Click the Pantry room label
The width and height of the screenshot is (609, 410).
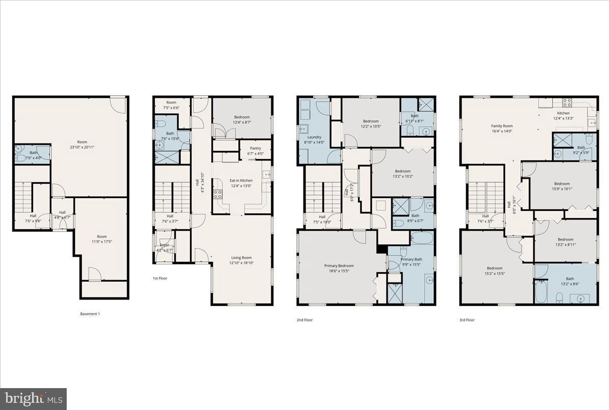tap(255, 148)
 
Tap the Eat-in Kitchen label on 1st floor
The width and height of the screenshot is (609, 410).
tap(241, 180)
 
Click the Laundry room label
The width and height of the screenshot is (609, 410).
tap(314, 137)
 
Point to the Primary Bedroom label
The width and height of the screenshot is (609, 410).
tap(339, 265)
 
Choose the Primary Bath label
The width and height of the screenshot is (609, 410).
tap(411, 259)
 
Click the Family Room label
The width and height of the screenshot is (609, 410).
tap(502, 126)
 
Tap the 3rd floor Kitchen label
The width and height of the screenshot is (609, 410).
tap(563, 113)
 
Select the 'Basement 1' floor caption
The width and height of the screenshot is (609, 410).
tap(90, 314)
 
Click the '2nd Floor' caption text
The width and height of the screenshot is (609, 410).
tap(305, 320)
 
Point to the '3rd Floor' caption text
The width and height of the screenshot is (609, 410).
tap(467, 320)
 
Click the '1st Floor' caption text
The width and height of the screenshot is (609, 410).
tap(160, 278)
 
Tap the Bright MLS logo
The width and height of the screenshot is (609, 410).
tap(33, 399)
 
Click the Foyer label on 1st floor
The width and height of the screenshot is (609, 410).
tap(164, 245)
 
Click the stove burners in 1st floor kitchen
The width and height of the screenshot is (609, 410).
tap(217, 194)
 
